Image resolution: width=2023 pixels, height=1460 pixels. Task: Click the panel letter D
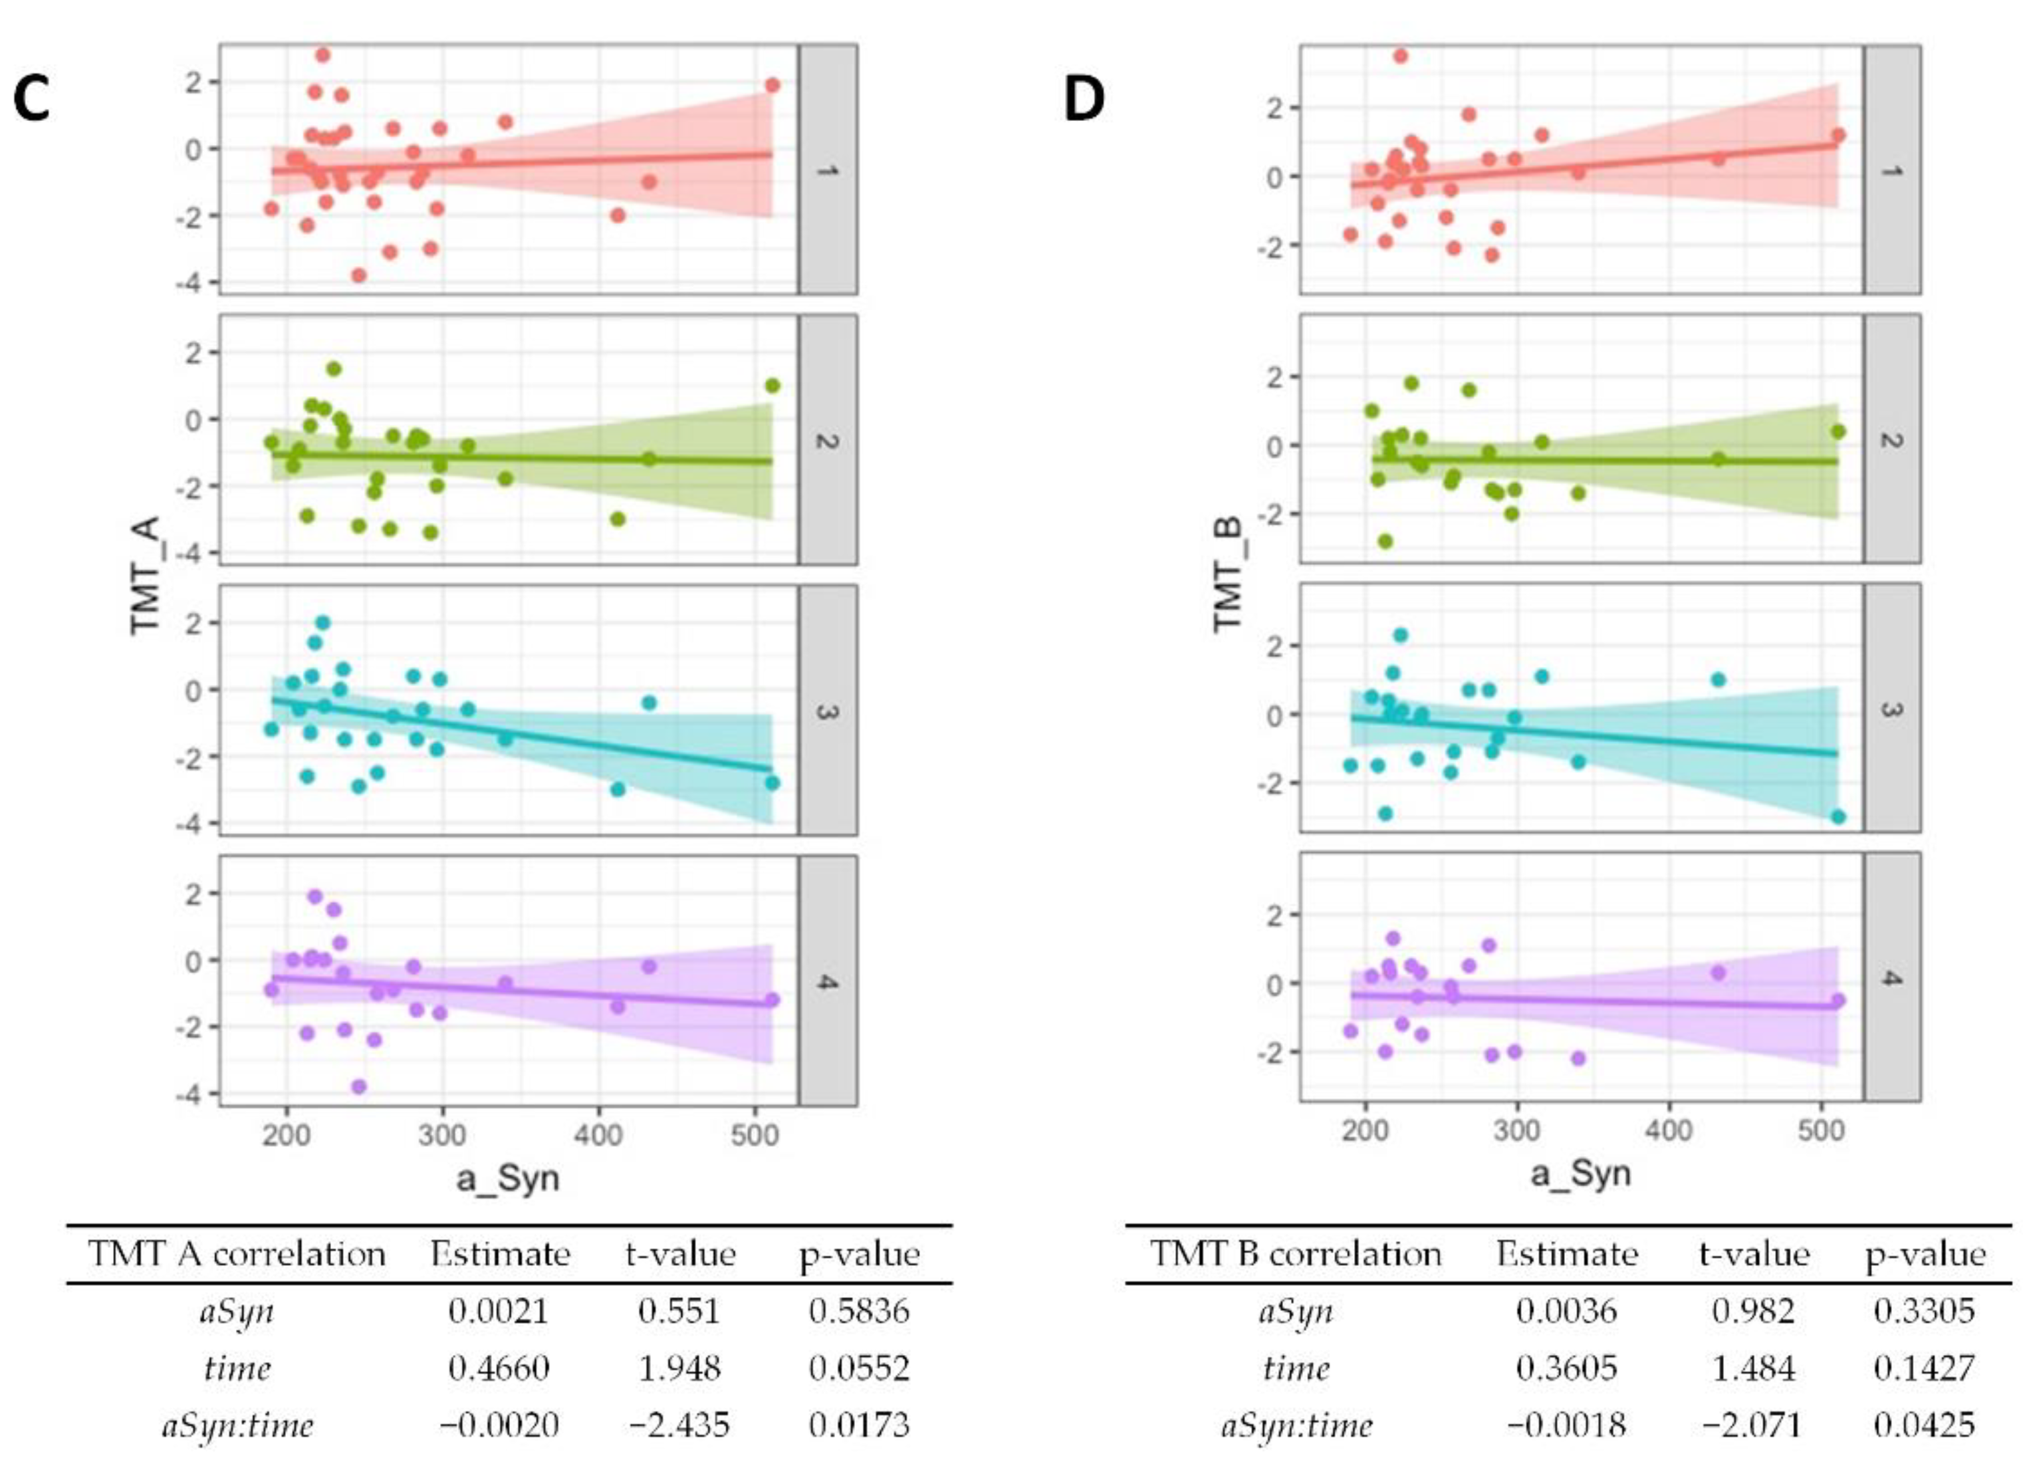(1084, 100)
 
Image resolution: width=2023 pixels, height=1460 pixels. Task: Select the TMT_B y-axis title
(1229, 574)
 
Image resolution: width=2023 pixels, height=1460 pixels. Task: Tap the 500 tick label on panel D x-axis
(1820, 1130)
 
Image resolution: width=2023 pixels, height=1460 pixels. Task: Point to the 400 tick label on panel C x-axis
(598, 1134)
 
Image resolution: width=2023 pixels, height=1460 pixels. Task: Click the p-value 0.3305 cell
(1924, 1310)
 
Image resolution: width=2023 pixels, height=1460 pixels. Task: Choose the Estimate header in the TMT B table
(1566, 1254)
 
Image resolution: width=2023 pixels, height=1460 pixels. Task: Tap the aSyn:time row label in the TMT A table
(237, 1425)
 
